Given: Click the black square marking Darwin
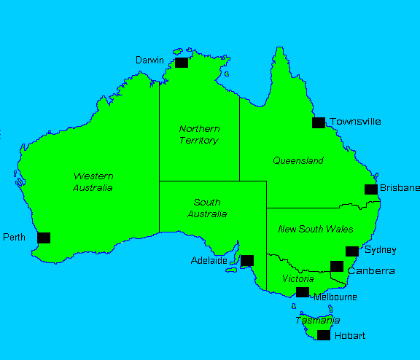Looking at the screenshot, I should coord(182,63).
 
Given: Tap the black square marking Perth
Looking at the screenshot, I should coord(44,238).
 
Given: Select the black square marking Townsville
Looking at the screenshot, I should coord(319,122).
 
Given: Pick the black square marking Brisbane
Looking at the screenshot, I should coord(371,189).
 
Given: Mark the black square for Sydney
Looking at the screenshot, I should coord(352,251).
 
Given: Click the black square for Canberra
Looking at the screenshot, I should coord(337,266).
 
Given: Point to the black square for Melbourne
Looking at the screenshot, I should coord(303,292).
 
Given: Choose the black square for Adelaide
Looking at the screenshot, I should coord(247,260).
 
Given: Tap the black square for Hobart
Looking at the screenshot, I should coord(324,335).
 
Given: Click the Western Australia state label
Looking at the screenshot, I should coord(93,182).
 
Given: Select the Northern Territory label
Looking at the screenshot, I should coord(198,135).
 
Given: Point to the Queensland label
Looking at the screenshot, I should coord(297,160).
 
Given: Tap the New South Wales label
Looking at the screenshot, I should coord(316,229).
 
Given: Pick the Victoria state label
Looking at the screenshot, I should coord(297,278).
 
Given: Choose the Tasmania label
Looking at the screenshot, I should coord(317,321).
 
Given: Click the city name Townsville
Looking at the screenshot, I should coord(355,122).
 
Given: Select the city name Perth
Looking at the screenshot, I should coord(15,238).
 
